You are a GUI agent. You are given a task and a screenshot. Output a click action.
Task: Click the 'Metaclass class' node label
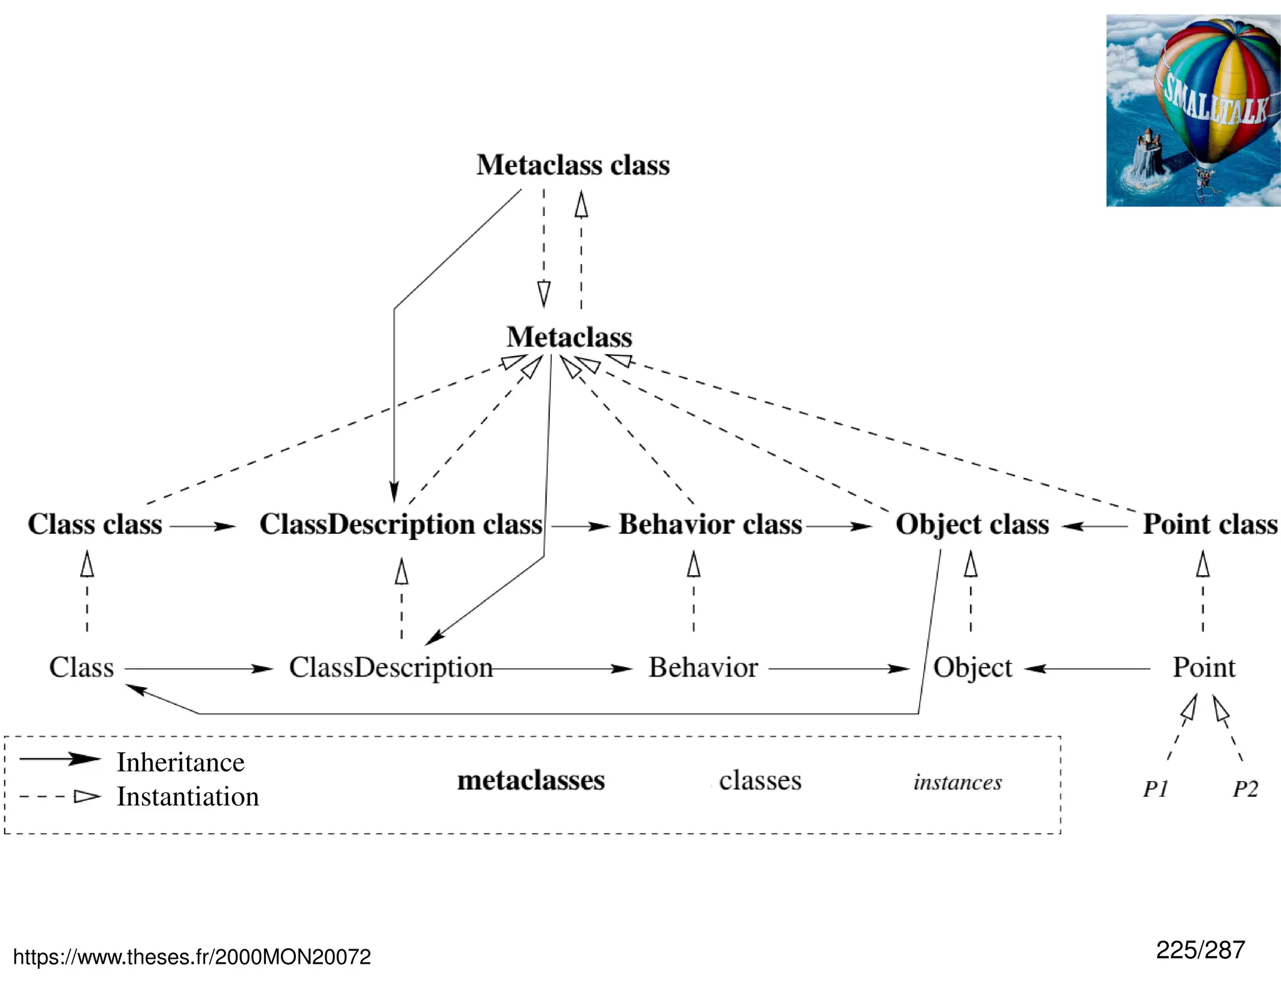point(573,165)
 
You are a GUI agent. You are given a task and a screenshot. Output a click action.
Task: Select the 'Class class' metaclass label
point(95,524)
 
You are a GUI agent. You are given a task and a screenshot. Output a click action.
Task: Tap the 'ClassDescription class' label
point(401,524)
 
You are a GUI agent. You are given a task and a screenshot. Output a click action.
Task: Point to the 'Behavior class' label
point(711,524)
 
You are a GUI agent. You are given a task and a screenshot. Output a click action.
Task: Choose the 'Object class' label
point(972,524)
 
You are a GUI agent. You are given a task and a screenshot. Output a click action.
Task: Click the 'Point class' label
point(1210,524)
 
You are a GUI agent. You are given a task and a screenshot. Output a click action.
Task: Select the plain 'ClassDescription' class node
point(391,668)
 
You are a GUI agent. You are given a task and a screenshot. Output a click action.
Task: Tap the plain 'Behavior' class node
point(703,668)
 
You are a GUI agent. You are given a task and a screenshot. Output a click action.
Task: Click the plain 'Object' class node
point(973,668)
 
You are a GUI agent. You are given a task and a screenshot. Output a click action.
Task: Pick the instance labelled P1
point(1156,788)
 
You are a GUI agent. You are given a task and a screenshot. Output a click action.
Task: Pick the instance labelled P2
point(1245,788)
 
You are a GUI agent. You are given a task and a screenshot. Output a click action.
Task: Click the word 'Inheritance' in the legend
point(181,762)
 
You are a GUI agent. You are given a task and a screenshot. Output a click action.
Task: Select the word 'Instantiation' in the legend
point(188,797)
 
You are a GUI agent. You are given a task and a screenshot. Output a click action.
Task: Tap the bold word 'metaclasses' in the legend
point(531,780)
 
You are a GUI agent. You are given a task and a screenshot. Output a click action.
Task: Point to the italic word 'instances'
point(958,782)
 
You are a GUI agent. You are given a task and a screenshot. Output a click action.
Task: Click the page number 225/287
point(1200,950)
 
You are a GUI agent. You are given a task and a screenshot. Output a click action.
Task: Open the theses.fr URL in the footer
point(192,957)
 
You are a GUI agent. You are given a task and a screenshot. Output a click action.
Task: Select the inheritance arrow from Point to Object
point(1088,669)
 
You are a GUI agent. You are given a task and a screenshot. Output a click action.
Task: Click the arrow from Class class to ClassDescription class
point(202,527)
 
